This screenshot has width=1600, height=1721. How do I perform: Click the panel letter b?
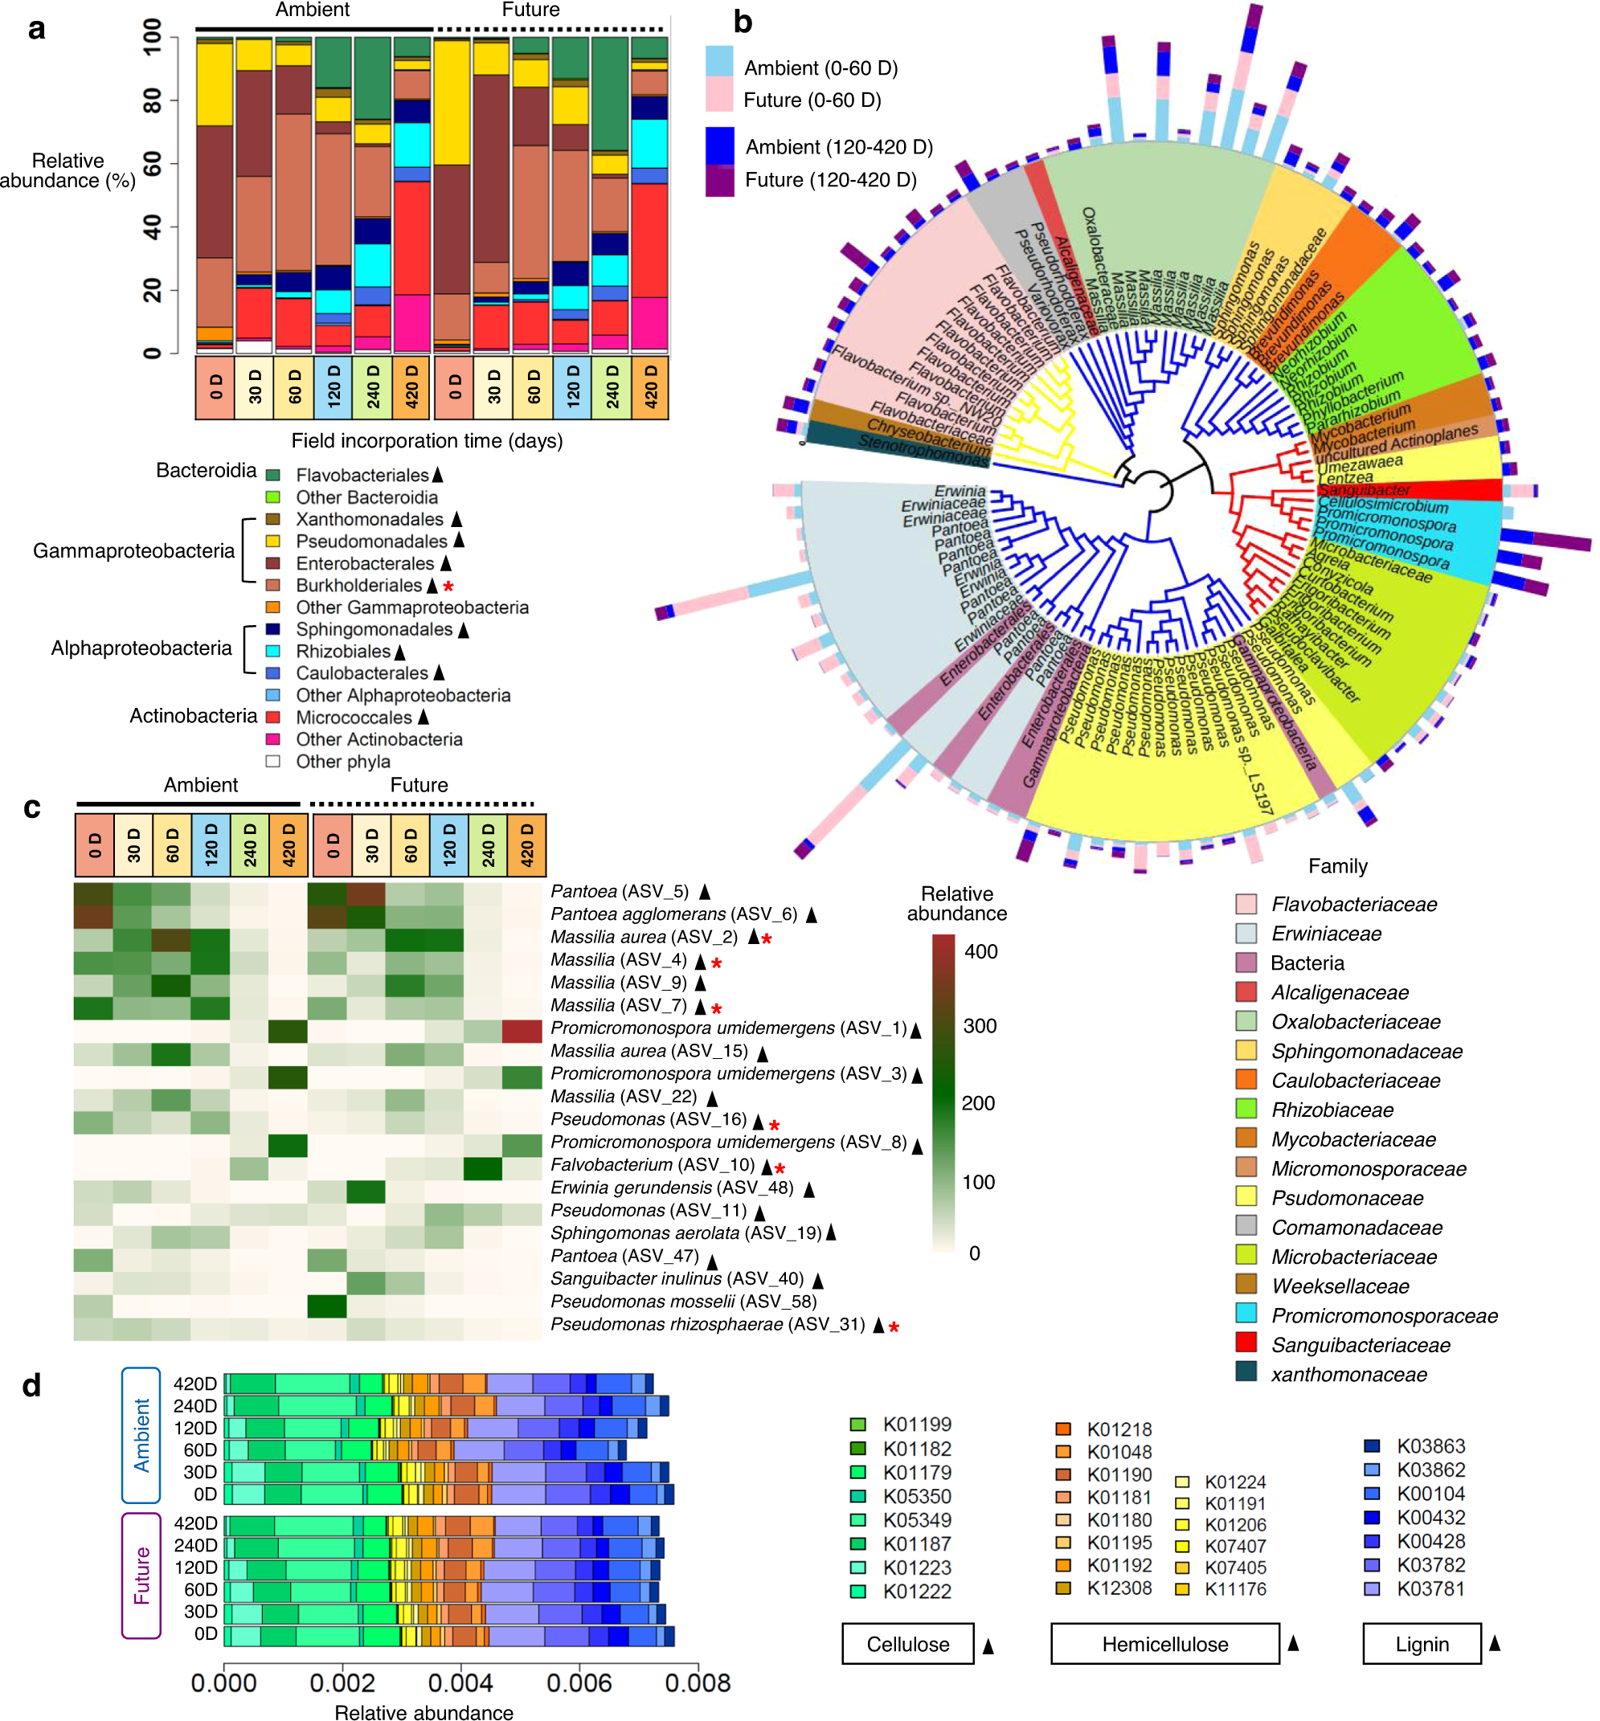click(742, 22)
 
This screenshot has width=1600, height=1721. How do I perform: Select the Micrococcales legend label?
click(354, 717)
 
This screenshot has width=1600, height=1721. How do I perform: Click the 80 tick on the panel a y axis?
click(153, 100)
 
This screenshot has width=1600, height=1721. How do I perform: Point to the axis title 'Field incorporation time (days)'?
click(427, 440)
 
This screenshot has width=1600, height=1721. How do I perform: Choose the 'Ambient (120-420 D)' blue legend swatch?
click(719, 146)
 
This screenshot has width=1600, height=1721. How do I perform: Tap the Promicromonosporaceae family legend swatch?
click(1246, 1314)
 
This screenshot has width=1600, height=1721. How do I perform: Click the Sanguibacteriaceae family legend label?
click(1361, 1344)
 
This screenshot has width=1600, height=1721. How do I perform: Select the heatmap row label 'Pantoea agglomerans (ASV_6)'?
click(674, 914)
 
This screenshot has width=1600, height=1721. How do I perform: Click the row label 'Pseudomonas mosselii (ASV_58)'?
click(683, 1301)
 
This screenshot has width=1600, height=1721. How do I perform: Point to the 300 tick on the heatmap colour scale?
click(980, 1027)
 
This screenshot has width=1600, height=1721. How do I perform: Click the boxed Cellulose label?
click(907, 1644)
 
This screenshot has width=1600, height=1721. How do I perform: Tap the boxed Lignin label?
click(1421, 1644)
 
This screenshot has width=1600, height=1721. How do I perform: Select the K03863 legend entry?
click(1430, 1446)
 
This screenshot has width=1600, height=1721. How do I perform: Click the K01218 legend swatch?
click(1063, 1429)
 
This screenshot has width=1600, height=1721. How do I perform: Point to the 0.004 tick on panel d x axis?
click(460, 1683)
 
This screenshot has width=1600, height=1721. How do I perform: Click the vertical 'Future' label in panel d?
click(141, 1576)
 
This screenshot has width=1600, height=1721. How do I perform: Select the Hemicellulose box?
click(1164, 1644)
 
